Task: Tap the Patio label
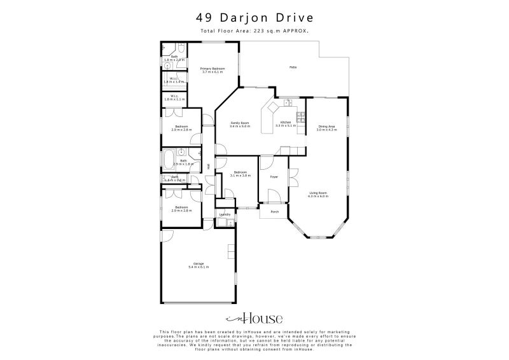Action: click(x=293, y=67)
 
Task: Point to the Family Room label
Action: click(x=239, y=122)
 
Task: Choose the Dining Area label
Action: click(x=326, y=127)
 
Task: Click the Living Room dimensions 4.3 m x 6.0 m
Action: click(x=318, y=196)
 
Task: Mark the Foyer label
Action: click(x=274, y=176)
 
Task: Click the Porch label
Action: click(x=275, y=212)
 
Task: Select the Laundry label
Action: click(x=224, y=214)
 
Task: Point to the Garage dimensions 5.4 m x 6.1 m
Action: click(x=198, y=267)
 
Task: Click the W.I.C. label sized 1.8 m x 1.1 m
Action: click(x=174, y=97)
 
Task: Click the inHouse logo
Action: click(x=254, y=319)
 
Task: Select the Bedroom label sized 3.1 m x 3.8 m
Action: click(x=239, y=173)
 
